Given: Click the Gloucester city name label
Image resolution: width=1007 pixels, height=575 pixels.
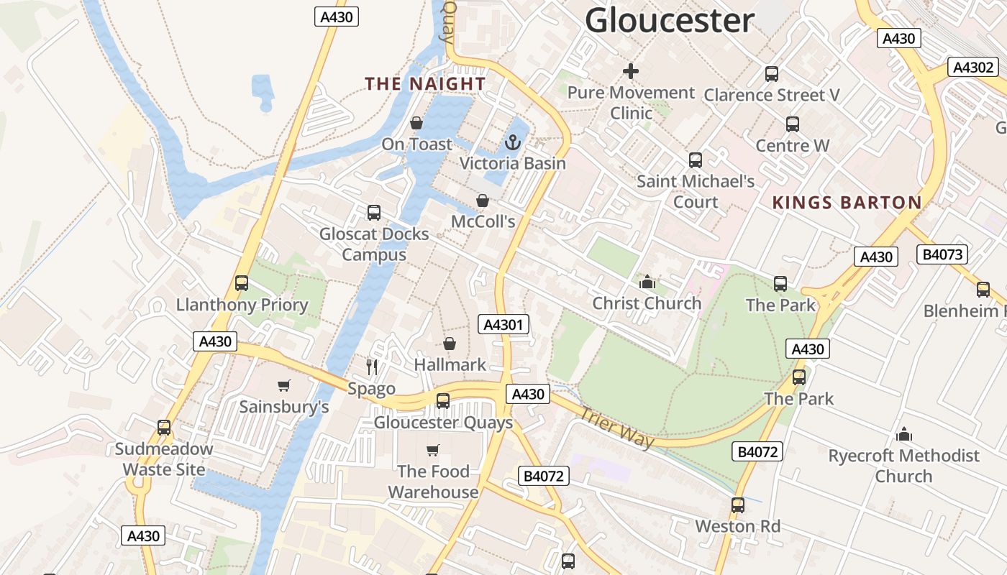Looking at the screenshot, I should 669,20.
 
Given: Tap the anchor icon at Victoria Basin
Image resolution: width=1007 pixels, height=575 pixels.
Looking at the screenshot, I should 512,142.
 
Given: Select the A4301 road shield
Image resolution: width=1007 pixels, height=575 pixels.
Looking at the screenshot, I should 503,325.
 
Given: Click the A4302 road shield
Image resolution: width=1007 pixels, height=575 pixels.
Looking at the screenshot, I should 973,68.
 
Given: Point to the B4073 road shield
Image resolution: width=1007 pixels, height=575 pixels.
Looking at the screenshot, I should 942,254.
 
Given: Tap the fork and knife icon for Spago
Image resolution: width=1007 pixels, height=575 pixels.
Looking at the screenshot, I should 372,367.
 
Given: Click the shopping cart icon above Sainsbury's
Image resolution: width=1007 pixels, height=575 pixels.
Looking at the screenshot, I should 284,386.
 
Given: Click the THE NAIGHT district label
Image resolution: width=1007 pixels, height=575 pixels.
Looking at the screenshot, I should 425,84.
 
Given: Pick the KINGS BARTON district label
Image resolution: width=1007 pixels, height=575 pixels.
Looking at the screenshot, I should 847,203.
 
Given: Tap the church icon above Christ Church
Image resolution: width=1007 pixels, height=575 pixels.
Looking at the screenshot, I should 647,282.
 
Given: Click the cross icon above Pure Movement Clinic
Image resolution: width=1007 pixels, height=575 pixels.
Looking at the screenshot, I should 631,71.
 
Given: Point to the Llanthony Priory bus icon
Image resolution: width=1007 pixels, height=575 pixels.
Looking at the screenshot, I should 242,283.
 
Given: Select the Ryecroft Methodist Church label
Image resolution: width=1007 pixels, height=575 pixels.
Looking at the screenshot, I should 903,466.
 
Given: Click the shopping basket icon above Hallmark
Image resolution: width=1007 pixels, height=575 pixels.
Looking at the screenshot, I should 450,344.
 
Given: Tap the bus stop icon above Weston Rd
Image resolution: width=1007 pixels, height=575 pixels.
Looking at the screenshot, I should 737,505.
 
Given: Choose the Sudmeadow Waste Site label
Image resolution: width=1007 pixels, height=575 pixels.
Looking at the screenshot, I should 164,459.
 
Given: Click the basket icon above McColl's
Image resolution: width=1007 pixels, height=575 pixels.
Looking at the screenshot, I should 483,201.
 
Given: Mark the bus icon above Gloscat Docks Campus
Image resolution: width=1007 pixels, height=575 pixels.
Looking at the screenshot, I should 373,213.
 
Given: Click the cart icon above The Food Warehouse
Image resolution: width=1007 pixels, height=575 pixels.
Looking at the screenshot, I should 432,451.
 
